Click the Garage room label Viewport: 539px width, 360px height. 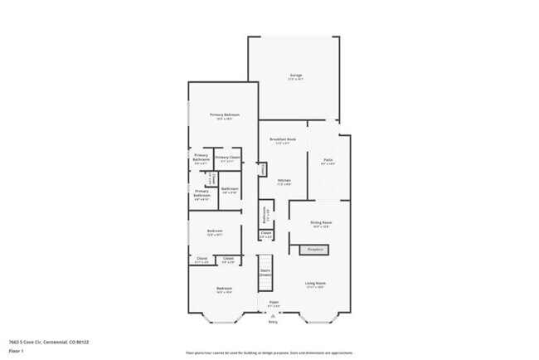(295, 77)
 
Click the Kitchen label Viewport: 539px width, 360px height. (284, 182)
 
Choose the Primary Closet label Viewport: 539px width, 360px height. (227, 158)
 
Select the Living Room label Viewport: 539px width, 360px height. (314, 284)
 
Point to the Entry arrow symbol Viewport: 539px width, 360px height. (273, 317)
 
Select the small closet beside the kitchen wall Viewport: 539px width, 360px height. (263, 169)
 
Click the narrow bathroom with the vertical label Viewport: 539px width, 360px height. (265, 216)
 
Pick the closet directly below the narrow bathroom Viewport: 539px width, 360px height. (265, 236)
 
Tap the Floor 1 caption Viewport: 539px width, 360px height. (16, 351)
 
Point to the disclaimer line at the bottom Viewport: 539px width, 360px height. (269, 352)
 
